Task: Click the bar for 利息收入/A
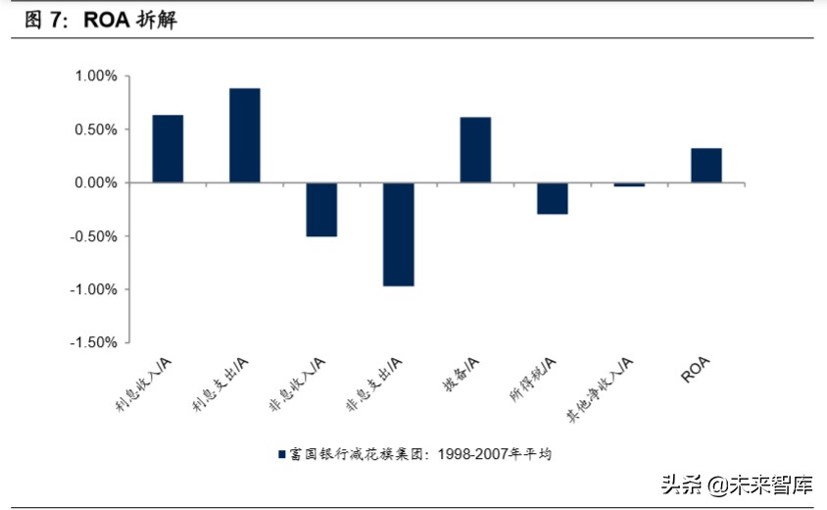coord(168,149)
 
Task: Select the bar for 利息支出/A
coord(244,135)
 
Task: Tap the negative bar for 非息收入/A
coord(321,210)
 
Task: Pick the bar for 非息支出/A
coord(398,234)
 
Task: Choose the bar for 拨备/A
coord(475,150)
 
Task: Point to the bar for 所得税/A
coord(552,198)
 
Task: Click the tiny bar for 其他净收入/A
coord(629,184)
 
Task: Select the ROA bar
coord(705,166)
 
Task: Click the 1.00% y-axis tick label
coord(95,76)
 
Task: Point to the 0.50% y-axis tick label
coord(95,129)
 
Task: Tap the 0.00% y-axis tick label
coord(95,183)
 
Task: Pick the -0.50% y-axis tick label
coord(93,236)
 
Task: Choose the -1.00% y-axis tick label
coord(93,290)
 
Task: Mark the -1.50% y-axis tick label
coord(93,343)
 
